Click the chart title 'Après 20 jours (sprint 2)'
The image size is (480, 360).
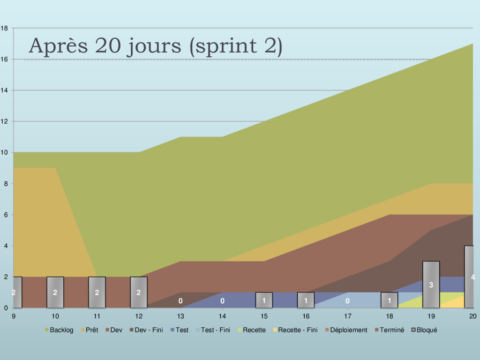155,46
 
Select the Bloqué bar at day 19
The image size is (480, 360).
431,285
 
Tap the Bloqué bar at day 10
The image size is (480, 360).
55,292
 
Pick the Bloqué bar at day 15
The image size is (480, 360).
264,300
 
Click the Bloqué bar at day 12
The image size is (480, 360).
139,292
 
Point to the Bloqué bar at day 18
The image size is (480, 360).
389,300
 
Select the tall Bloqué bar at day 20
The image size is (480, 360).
469,277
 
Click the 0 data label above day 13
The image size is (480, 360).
180,301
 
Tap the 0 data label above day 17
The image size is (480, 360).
347,301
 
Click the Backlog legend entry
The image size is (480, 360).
59,330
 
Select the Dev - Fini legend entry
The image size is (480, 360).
146,330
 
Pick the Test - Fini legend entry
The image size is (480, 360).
212,330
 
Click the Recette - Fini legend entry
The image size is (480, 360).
294,330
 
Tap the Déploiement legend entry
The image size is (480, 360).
346,330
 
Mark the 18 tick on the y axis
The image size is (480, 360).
4,28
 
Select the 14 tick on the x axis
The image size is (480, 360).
222,316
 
